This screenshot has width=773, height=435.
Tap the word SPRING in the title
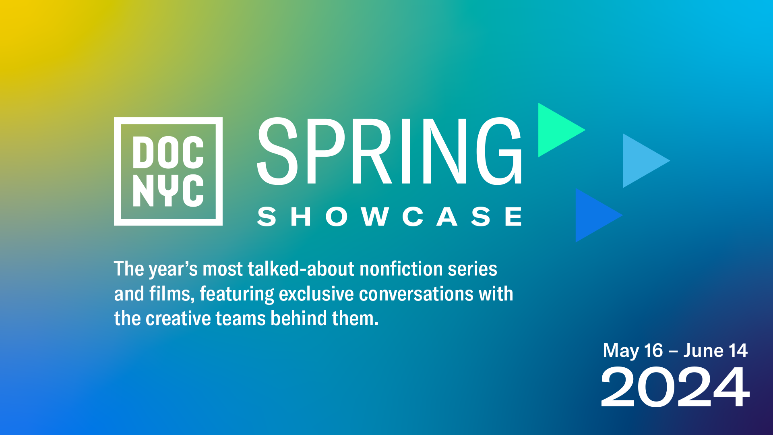coord(389,151)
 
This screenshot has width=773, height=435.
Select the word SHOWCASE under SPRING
coord(389,216)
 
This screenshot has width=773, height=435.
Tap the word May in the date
coord(621,351)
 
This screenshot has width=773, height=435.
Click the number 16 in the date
coord(653,350)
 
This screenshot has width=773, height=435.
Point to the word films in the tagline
coord(172,294)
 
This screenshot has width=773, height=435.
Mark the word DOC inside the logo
coord(168,152)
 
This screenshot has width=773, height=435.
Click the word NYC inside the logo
coord(168,191)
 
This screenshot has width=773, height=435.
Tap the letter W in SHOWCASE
coord(375,216)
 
